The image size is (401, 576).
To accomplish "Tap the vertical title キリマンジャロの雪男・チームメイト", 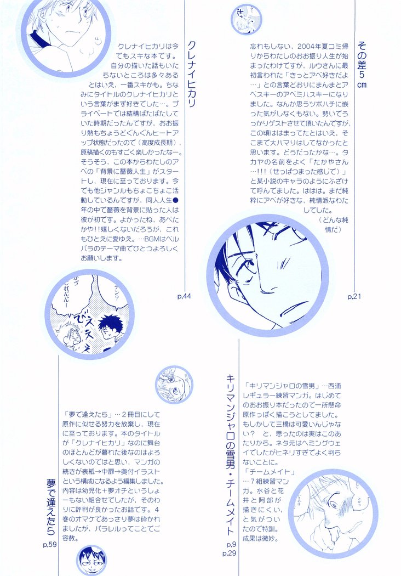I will click(230, 456).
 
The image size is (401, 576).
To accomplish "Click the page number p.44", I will click(184, 297).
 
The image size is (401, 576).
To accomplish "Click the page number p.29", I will click(230, 554).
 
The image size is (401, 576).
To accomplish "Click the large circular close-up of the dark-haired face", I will click(267, 279).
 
